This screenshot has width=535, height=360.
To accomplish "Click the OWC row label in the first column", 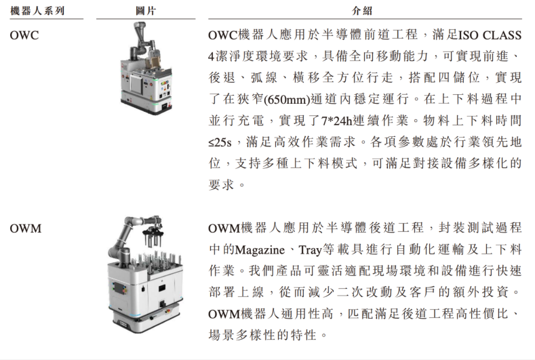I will pyautogui.click(x=24, y=36).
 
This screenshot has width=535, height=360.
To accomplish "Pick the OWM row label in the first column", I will pyautogui.click(x=25, y=228).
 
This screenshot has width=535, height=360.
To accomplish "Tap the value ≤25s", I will pyautogui.click(x=222, y=143).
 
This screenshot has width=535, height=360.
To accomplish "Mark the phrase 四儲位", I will pyautogui.click(x=461, y=79).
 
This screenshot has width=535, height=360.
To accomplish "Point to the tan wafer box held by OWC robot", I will pyautogui.click(x=154, y=60).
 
